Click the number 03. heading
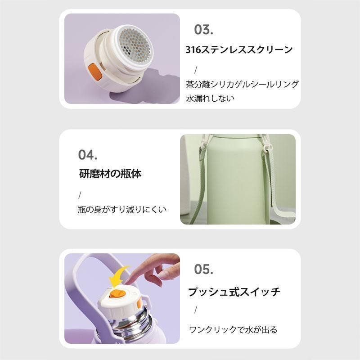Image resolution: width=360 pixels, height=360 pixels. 203,30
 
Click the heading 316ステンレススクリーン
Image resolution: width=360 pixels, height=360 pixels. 239,49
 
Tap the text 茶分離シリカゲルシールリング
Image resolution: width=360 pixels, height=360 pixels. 242,84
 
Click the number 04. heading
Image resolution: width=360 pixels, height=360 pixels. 87,155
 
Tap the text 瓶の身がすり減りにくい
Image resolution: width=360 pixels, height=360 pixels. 122,209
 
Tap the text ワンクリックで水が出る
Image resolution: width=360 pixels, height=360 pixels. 233,330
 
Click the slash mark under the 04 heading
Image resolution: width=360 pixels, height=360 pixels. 80,195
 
